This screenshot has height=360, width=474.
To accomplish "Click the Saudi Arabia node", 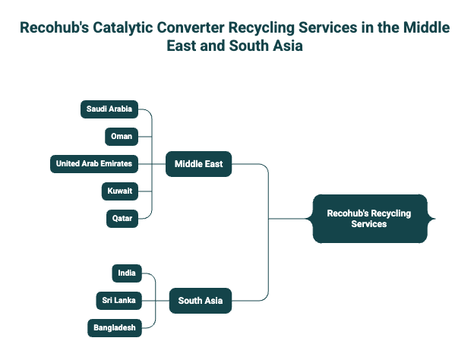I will tap(109, 109).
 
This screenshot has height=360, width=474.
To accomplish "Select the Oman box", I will tap(122, 137).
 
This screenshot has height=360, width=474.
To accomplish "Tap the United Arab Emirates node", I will tap(93, 163).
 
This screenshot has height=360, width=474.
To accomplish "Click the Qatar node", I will tap(122, 219).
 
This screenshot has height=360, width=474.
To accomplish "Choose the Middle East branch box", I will tap(198, 163).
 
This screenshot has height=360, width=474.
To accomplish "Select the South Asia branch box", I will tap(200, 301).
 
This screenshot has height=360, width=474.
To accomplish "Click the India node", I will tap(127, 273).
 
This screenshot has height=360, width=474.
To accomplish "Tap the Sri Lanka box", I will tap(119, 301).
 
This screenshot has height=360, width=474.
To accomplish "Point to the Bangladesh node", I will tap(115, 328).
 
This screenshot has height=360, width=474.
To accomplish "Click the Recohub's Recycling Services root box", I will tap(369, 219).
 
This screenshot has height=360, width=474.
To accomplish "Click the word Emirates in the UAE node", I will tap(115, 163).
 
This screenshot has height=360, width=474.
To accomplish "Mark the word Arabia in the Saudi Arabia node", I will tap(119, 109).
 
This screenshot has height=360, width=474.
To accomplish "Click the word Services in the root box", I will tap(369, 224).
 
